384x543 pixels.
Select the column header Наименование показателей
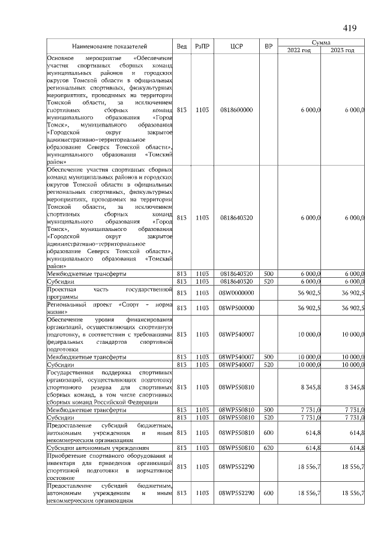point(110,46)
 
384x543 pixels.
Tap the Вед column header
point(182,46)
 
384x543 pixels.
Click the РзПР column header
point(202,46)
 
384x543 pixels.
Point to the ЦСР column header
point(236,46)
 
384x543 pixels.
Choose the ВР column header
point(268,46)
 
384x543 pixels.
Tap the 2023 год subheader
point(343,50)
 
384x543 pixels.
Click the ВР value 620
point(268,448)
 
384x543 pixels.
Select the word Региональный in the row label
point(65,304)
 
